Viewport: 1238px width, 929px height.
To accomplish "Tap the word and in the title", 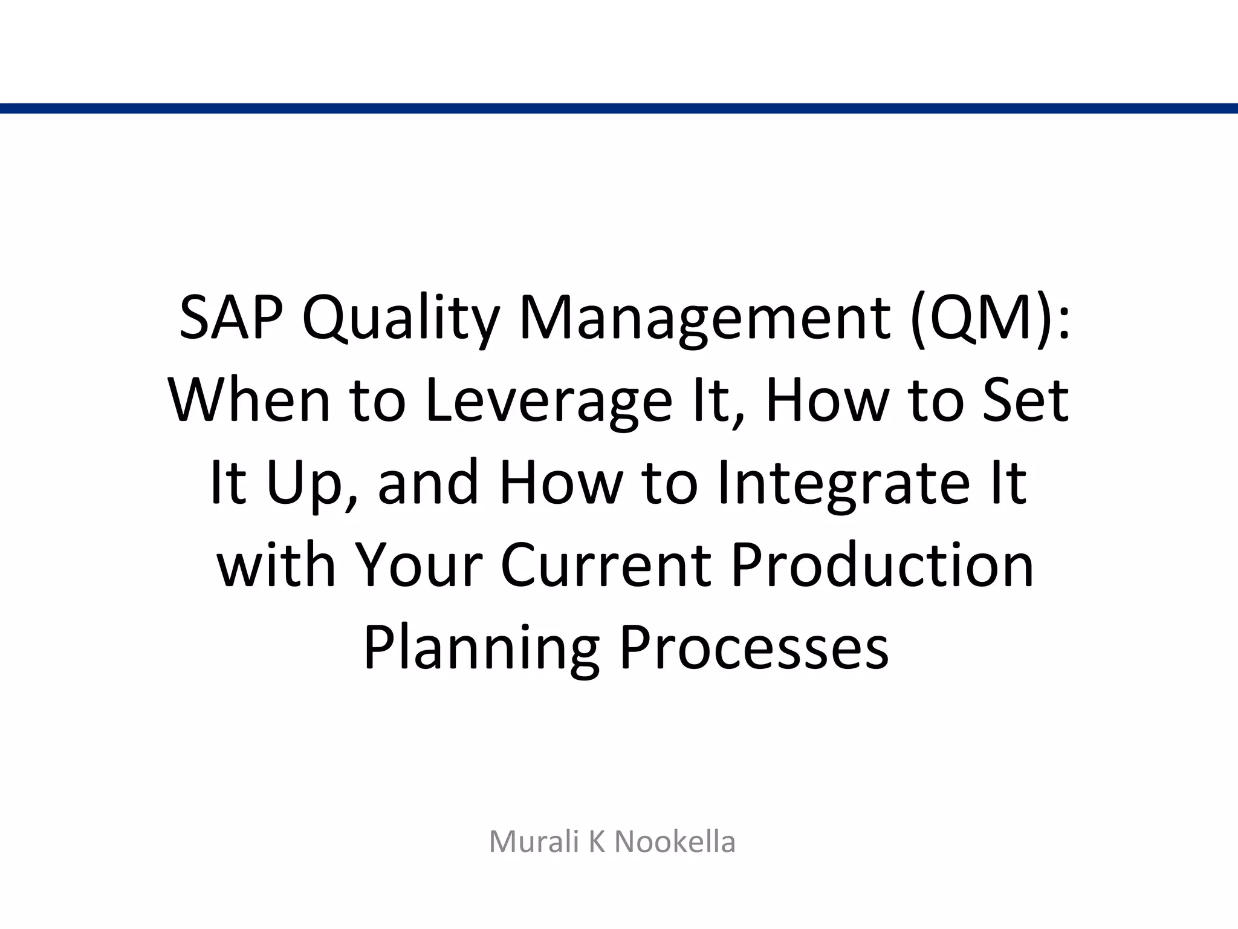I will point(428,483).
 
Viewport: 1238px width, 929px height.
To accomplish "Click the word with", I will point(276,565).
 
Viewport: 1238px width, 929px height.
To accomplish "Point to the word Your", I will point(418,565).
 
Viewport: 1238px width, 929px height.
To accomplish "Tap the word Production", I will point(882,565).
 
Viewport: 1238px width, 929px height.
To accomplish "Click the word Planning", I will point(481,648).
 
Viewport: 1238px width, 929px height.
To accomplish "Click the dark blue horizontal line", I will point(619,108).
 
